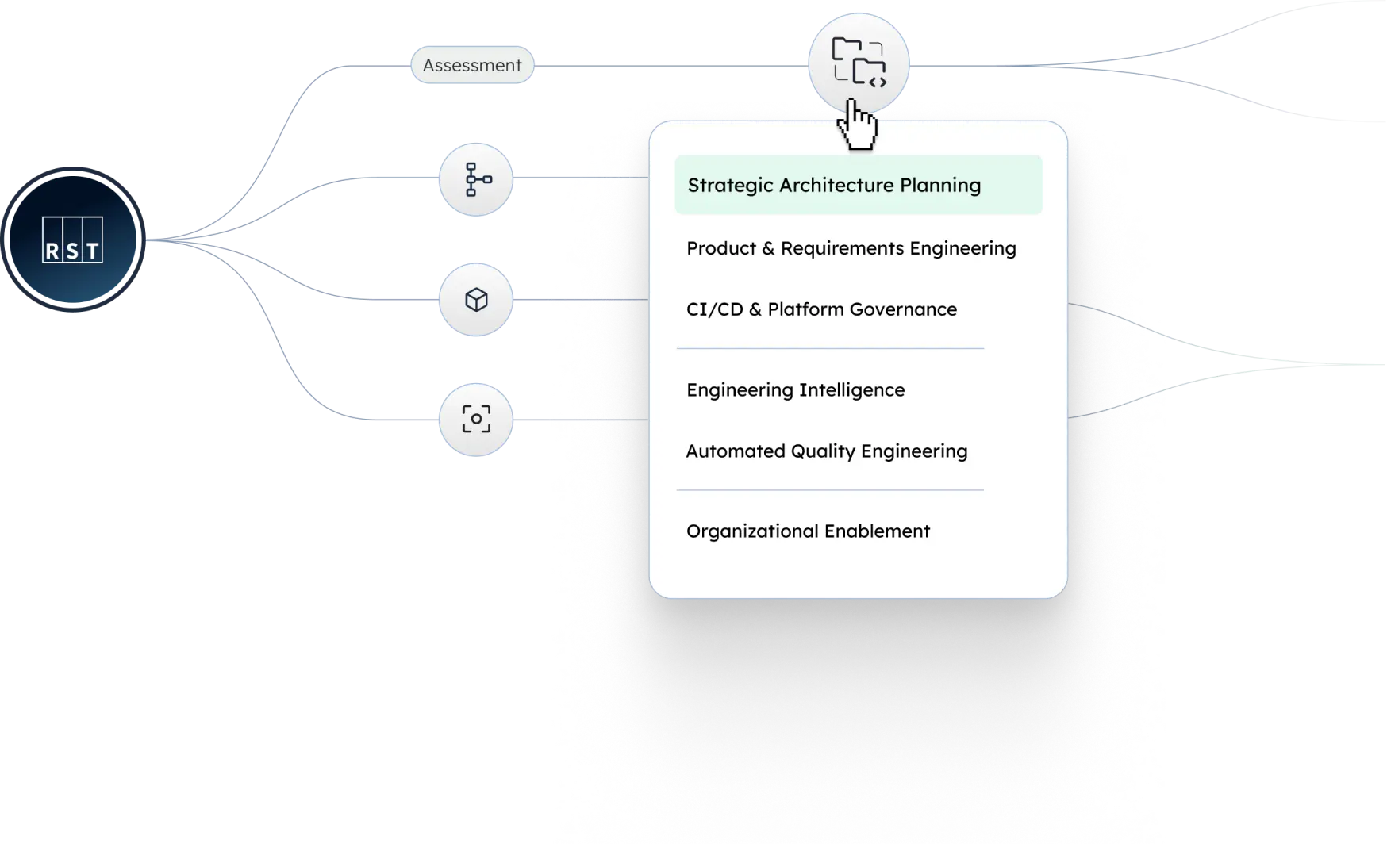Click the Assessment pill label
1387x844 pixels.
[472, 65]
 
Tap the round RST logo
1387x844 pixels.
[73, 240]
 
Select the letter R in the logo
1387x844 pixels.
[52, 251]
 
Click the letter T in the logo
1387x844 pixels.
[93, 251]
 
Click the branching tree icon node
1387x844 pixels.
[476, 179]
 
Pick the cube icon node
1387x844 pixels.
[476, 300]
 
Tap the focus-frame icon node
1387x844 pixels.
[476, 420]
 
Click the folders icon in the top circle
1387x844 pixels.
[859, 62]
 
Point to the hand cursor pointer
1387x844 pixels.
[857, 125]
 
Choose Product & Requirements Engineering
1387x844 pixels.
[851, 248]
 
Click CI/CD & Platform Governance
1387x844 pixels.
[821, 309]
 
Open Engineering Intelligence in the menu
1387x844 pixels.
[795, 390]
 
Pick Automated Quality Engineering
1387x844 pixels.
[827, 451]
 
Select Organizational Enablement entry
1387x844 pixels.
[808, 531]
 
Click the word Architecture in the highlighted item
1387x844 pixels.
[836, 185]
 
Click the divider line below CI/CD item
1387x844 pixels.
[830, 348]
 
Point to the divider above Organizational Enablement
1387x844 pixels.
[830, 490]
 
